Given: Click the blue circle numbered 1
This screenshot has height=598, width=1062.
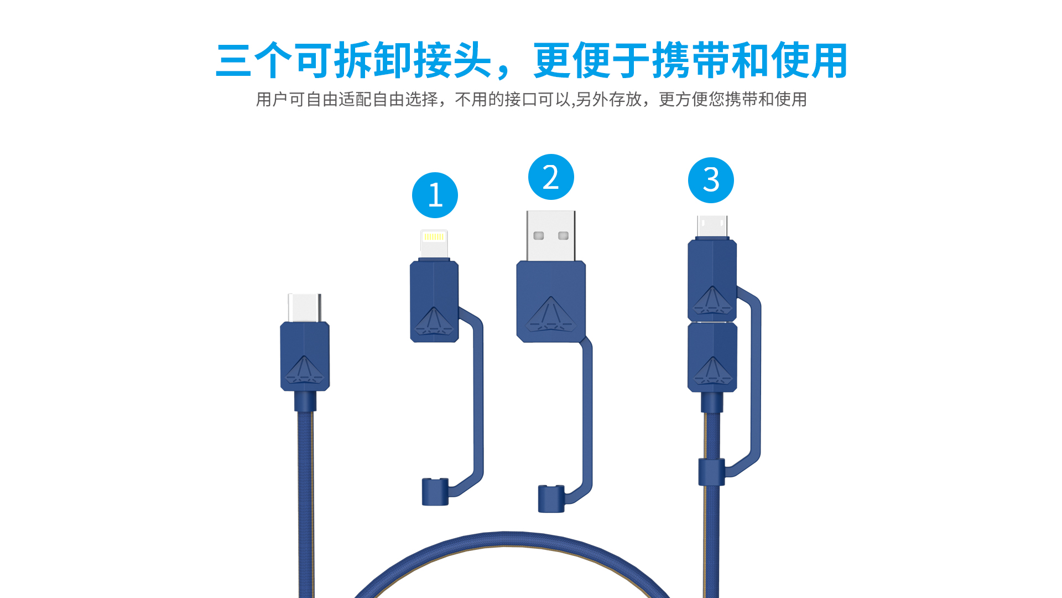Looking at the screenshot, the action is click(435, 195).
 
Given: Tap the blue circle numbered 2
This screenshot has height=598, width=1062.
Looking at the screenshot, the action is click(551, 177).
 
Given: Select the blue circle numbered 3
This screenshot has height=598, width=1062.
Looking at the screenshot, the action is click(711, 180).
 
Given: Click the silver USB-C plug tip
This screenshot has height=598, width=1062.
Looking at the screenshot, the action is click(304, 308).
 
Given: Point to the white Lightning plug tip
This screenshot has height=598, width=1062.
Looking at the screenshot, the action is click(434, 244).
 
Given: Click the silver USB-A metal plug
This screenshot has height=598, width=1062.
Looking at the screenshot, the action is click(551, 236).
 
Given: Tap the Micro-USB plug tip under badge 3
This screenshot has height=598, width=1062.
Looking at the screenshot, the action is click(712, 226).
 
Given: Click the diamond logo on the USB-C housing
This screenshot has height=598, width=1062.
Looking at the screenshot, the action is click(304, 369).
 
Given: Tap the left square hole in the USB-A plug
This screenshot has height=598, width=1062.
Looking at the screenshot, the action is click(539, 236).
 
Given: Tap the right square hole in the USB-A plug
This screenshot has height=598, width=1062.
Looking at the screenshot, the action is click(564, 236).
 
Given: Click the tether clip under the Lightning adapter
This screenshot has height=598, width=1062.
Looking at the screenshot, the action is click(435, 492).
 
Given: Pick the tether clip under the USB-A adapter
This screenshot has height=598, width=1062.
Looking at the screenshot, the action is click(551, 498).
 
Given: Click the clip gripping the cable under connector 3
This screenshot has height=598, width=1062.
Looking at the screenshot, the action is click(711, 472).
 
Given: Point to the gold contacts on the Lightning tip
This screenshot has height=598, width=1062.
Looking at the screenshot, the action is click(434, 237).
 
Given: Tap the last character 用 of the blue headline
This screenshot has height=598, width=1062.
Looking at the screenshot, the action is click(828, 60).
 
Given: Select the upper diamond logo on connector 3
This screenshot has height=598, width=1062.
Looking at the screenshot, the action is click(712, 300).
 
